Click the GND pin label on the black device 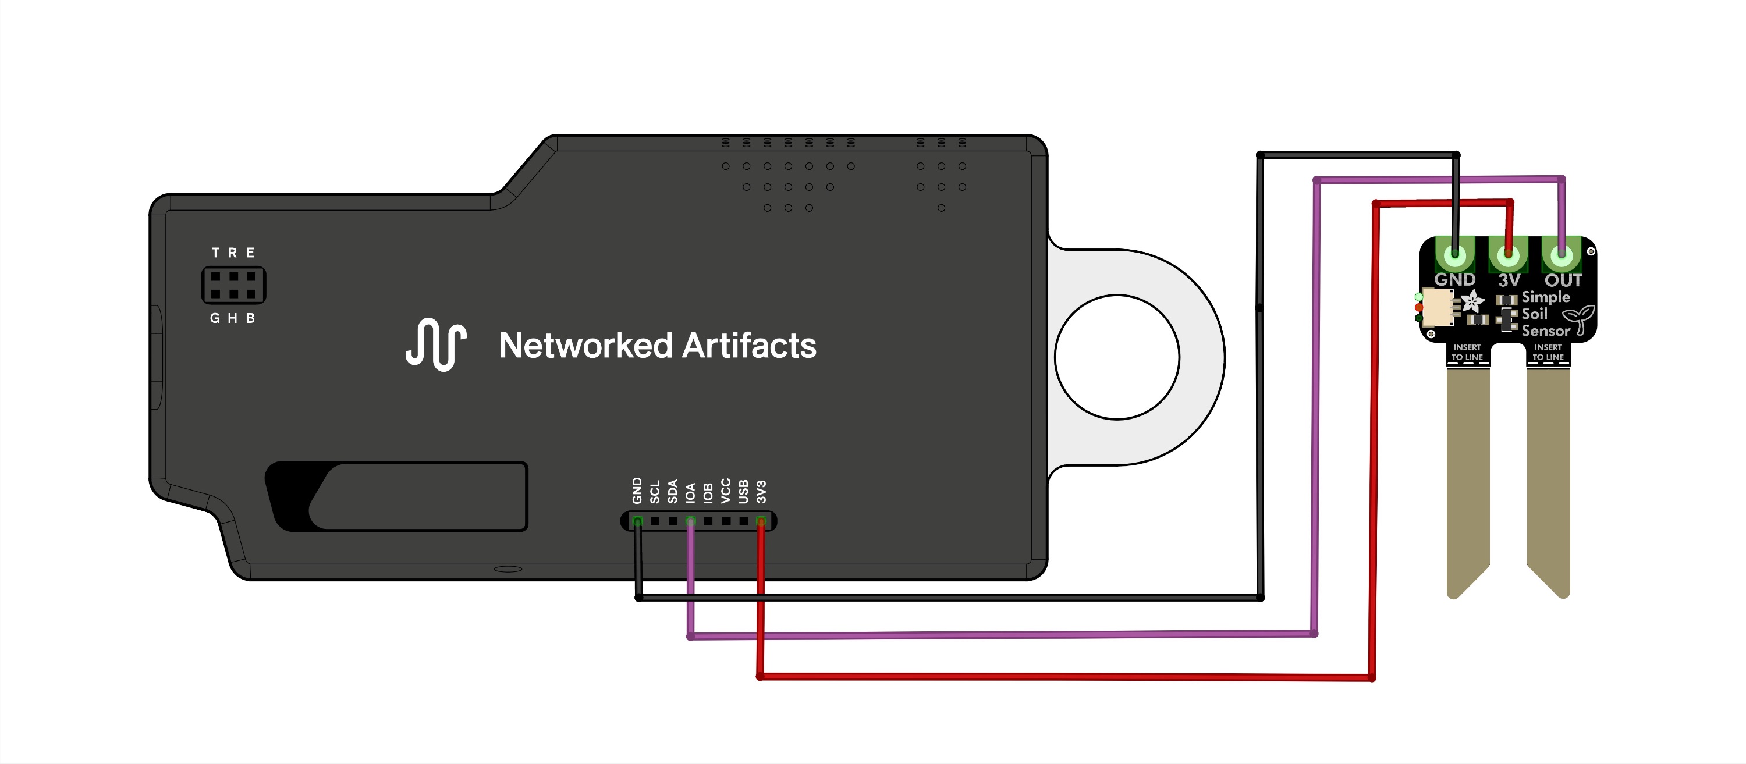click(637, 491)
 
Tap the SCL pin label click(655, 492)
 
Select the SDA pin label click(672, 492)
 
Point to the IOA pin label click(690, 493)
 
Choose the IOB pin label click(708, 493)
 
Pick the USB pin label click(743, 492)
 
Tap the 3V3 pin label click(761, 492)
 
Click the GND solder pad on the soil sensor click(1454, 258)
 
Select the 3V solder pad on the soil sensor click(1508, 258)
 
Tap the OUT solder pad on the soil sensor click(1562, 258)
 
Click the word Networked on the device click(585, 346)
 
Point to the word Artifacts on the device click(749, 346)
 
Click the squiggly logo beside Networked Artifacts click(436, 344)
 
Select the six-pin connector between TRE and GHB click(233, 285)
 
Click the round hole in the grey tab click(1117, 357)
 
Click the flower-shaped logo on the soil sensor click(1472, 301)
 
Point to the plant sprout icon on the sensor click(1580, 319)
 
